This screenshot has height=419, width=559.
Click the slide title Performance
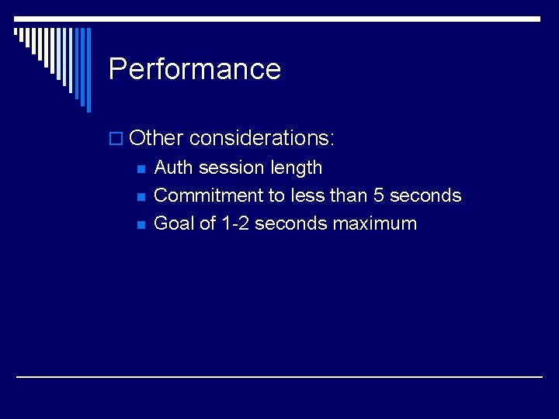(x=194, y=69)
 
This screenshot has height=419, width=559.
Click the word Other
(x=155, y=138)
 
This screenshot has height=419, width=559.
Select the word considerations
(x=262, y=138)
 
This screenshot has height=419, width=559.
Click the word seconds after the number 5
(x=425, y=196)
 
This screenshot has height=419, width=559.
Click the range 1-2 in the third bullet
(x=235, y=223)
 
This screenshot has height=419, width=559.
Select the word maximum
(x=375, y=223)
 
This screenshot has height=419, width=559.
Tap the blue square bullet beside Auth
(x=141, y=169)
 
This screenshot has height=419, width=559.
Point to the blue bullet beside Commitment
(x=141, y=197)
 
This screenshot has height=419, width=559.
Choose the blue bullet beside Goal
(x=141, y=225)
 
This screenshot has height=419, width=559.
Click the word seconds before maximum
(x=291, y=223)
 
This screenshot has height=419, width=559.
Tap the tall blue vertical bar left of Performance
(x=88, y=70)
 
